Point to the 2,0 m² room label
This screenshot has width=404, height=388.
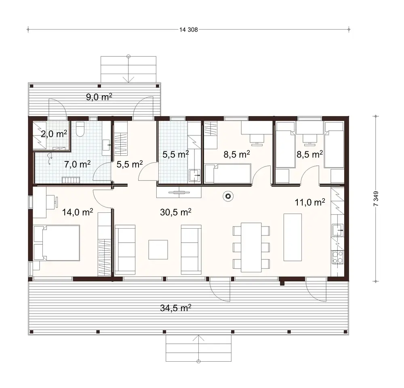53,134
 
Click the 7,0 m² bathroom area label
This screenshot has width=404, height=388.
77,164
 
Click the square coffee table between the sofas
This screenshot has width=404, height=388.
158,249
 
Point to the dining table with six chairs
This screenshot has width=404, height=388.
251,247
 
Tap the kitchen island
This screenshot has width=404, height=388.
292,237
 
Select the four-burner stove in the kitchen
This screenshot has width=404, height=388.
337,257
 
